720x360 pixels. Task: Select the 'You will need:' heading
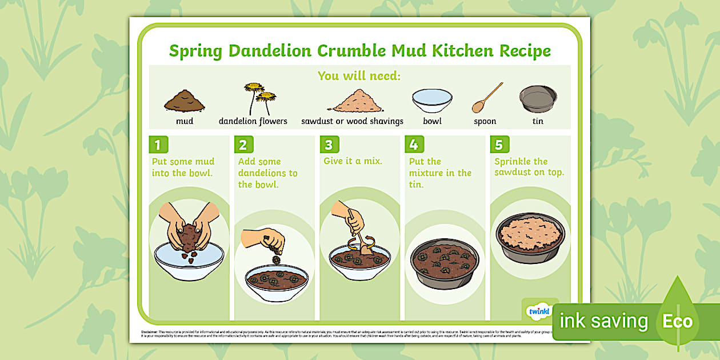(359, 75)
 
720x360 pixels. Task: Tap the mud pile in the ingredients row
(184, 101)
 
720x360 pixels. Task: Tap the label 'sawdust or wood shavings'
(352, 121)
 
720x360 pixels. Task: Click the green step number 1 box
(158, 145)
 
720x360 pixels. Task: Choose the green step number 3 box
(329, 145)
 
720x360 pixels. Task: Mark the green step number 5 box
(499, 145)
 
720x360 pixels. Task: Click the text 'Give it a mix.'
(353, 161)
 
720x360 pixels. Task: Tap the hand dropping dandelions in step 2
(265, 239)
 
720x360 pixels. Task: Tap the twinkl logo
(538, 311)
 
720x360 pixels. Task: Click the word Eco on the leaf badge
(677, 321)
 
